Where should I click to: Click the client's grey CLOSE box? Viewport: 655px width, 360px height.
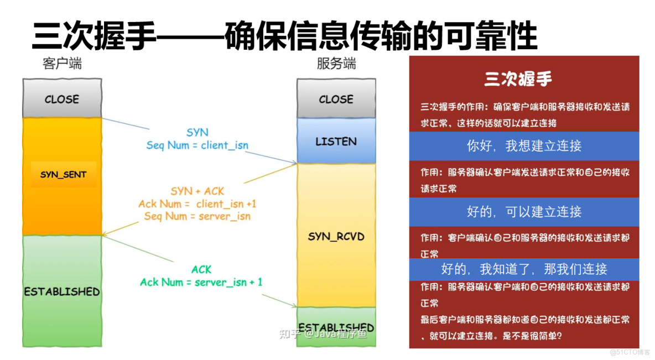tap(62, 99)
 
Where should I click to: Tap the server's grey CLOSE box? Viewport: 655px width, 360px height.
tap(336, 99)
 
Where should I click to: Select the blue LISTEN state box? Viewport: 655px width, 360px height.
tap(336, 141)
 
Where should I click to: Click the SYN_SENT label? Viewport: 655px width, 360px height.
tap(63, 175)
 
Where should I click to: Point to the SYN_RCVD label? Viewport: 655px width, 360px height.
tap(336, 237)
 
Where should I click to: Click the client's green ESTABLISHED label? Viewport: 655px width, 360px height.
tap(62, 291)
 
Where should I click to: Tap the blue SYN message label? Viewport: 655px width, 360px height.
tap(197, 133)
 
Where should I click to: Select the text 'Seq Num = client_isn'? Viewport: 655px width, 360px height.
tap(197, 145)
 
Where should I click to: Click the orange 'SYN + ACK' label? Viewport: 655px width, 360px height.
tap(197, 191)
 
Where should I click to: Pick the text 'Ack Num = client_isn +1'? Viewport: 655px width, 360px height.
tap(197, 204)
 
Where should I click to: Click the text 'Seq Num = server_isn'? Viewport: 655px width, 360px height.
tap(197, 216)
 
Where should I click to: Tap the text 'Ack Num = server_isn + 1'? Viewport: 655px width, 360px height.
tap(201, 283)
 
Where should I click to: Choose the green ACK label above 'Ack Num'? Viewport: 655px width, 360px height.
tap(201, 269)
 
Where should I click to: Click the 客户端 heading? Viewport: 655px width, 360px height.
tap(62, 64)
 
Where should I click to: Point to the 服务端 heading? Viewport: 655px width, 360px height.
tap(336, 64)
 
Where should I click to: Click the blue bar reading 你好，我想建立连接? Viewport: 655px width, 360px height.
tap(524, 146)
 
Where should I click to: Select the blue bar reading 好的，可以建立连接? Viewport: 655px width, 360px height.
tap(524, 212)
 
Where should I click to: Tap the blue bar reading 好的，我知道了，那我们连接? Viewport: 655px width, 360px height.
tap(524, 269)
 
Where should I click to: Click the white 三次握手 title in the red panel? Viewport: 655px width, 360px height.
tap(518, 79)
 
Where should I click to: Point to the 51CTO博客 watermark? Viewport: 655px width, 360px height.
tap(630, 352)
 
